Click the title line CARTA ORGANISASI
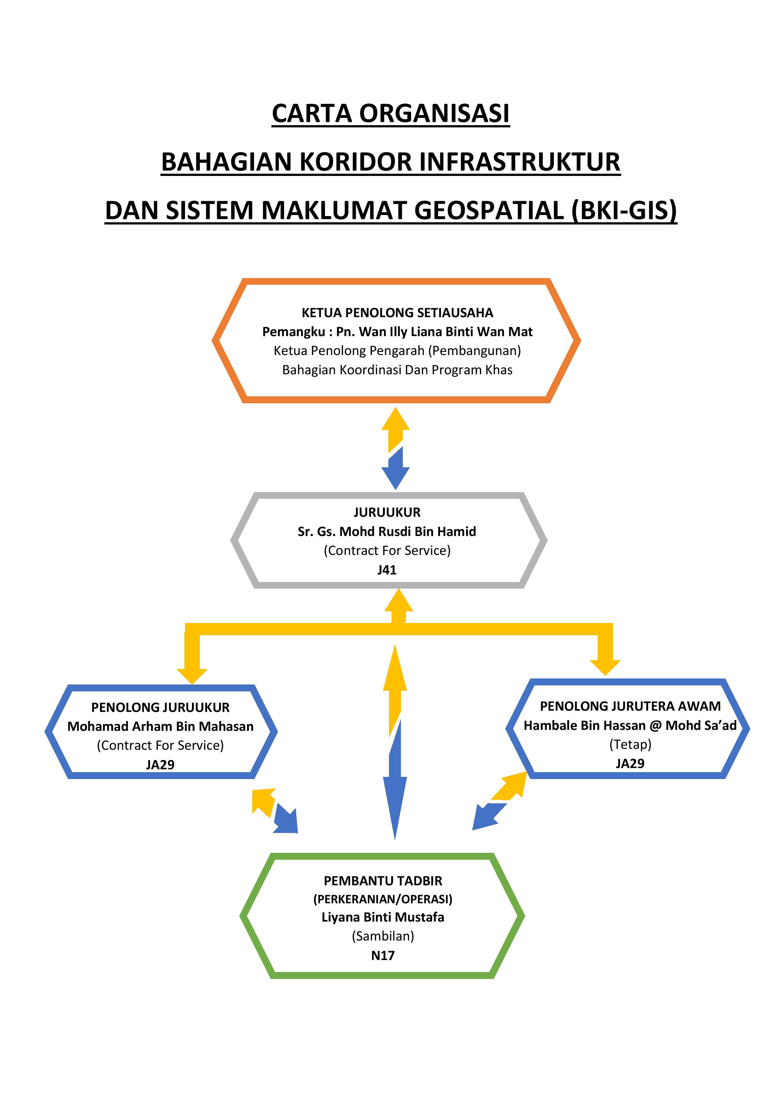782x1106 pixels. click(x=391, y=114)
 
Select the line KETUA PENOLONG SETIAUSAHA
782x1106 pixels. click(x=397, y=313)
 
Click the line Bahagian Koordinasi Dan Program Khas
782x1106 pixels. click(x=397, y=370)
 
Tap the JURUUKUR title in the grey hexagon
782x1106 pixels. click(x=387, y=512)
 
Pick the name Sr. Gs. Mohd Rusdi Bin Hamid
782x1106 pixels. click(x=387, y=531)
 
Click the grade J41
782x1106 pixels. click(x=387, y=570)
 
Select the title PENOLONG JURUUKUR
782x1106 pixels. click(x=160, y=707)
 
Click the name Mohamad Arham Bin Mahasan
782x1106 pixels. click(x=160, y=726)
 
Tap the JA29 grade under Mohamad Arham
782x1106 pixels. click(x=160, y=765)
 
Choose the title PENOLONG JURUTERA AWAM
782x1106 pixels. click(x=630, y=706)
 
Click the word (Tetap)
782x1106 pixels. click(x=630, y=744)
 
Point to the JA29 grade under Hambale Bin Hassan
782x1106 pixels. click(x=630, y=764)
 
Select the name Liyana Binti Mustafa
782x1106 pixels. click(x=383, y=917)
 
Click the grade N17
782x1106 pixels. click(x=383, y=956)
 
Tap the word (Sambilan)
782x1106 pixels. click(x=383, y=936)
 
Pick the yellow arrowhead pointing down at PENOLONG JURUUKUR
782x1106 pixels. click(x=192, y=676)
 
